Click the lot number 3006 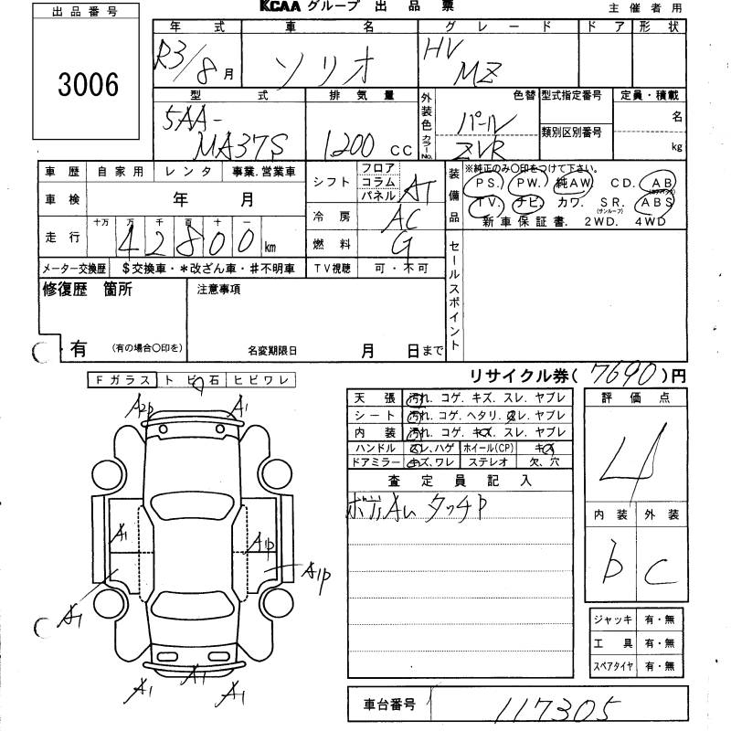tap(87, 85)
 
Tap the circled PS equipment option tap(482, 183)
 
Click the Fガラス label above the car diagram tap(123, 379)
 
